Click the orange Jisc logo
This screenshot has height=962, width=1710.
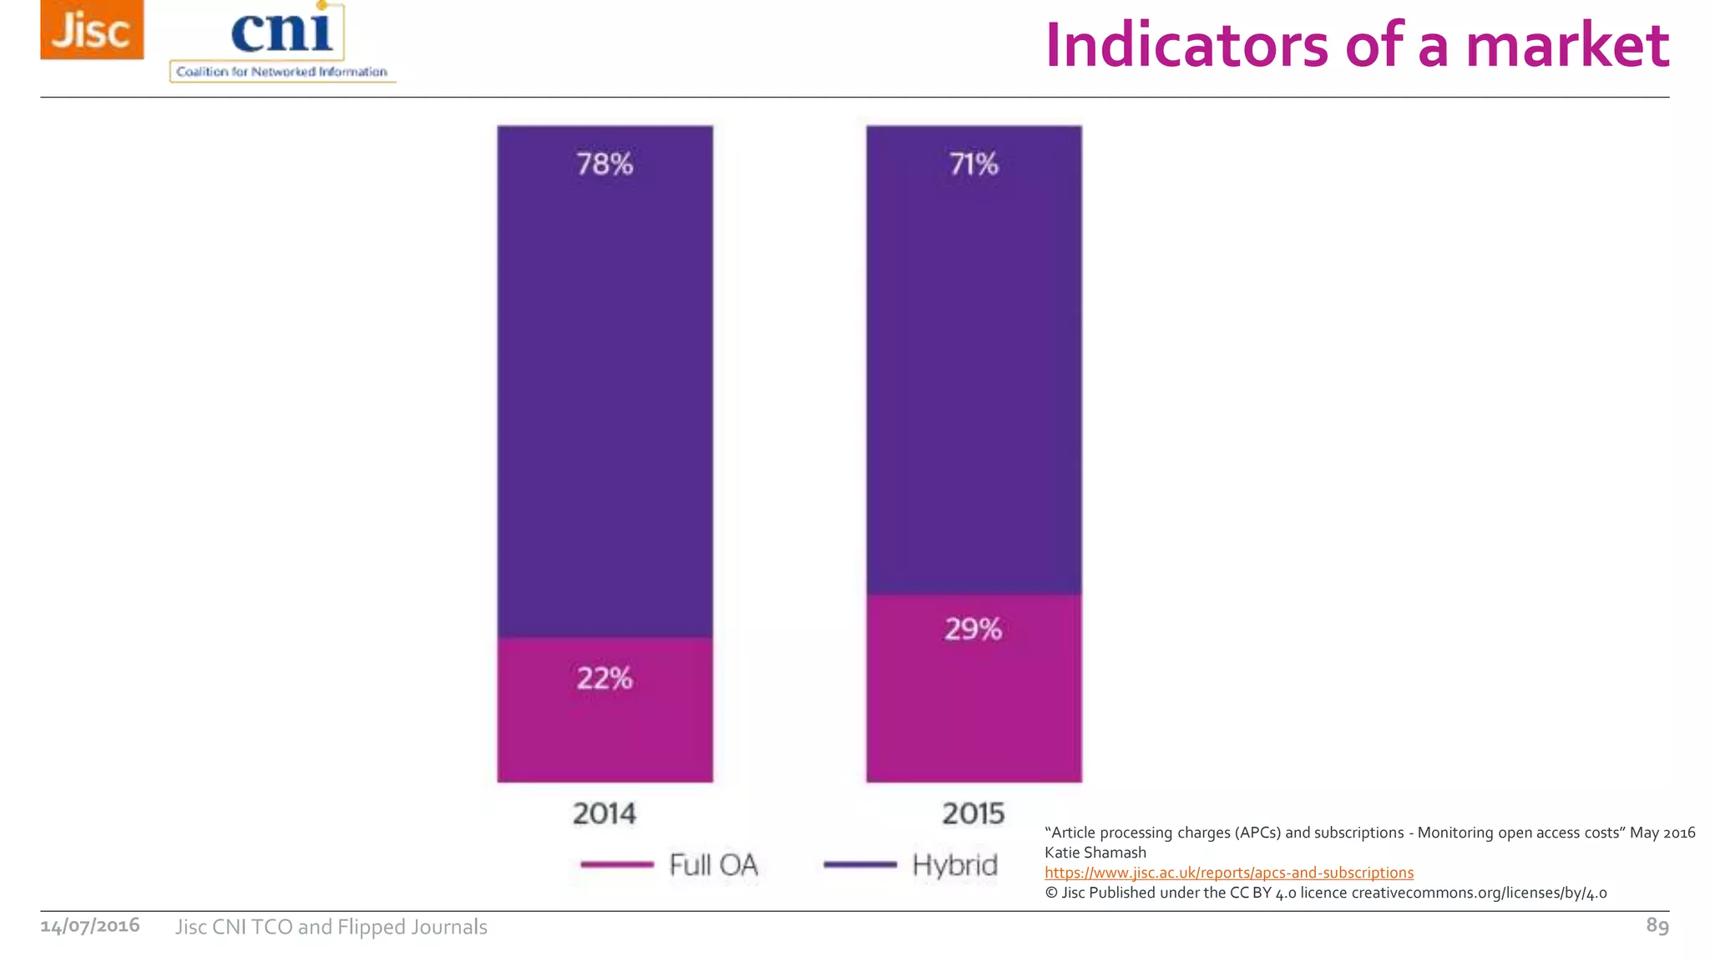coord(92,30)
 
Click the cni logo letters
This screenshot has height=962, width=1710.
coord(281,32)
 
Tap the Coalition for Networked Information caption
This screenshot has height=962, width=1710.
coord(281,72)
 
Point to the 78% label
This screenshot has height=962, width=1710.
coord(605,164)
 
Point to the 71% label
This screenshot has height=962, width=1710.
coord(974,164)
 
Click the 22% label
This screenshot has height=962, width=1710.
coord(605,678)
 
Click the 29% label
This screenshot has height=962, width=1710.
coord(974,629)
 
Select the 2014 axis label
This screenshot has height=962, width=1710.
coord(605,813)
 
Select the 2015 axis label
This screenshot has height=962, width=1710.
coord(974,813)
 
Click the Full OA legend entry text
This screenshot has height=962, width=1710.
coord(714,865)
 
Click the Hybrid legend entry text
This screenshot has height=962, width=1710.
coord(955,865)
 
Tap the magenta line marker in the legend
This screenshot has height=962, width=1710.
coord(617,865)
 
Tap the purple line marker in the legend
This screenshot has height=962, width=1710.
coord(860,865)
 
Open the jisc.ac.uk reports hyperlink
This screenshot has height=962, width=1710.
coord(1229,873)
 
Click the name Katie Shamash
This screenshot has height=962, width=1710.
coord(1095,853)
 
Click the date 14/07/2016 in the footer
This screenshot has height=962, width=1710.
coord(90,926)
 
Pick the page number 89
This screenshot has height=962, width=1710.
coord(1657,925)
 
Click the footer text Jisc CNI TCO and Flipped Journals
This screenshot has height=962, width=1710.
coord(331,927)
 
